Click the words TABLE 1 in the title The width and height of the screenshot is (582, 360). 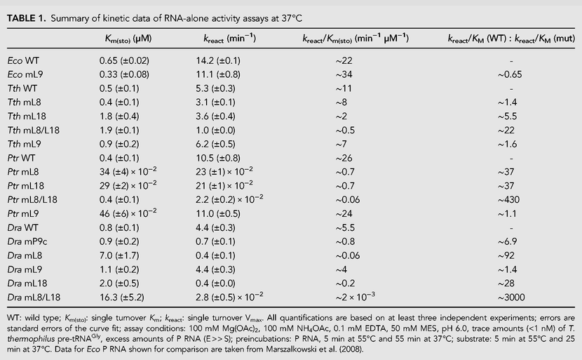pos(26,18)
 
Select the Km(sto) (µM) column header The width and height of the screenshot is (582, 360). pos(128,39)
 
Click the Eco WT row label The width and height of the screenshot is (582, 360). pos(23,60)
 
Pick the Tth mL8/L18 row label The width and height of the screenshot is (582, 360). pos(34,131)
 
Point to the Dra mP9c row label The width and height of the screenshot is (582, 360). pos(27,242)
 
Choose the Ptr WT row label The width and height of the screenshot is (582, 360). pos(21,159)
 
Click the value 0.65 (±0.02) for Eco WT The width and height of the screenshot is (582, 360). pos(124,60)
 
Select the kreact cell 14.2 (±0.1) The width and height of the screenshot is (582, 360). pos(218,60)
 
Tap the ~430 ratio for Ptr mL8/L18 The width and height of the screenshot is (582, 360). pos(508,200)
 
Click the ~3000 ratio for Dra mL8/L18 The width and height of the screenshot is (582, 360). pos(511,298)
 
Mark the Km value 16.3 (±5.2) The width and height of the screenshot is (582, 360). pos(122,298)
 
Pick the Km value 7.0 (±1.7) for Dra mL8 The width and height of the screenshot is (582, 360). pos(119,255)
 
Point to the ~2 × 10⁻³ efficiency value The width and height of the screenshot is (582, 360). pos(356,297)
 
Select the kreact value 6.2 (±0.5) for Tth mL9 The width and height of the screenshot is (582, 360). pos(216,144)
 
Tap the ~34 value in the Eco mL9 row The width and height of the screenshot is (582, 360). pos(344,74)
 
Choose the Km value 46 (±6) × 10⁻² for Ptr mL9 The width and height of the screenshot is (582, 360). pos(128,213)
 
